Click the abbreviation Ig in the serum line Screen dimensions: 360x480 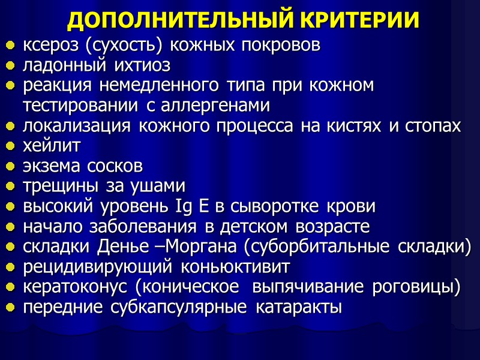183,207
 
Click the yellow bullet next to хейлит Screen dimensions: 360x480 10,146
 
